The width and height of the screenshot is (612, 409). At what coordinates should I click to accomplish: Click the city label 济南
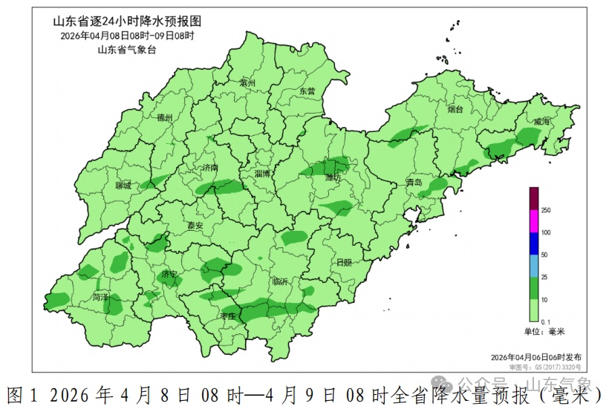(x=210, y=168)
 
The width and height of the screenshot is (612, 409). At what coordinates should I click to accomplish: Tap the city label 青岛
(x=414, y=182)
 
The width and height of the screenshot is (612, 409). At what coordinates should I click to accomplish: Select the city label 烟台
(x=455, y=110)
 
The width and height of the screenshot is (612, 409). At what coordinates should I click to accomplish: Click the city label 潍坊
(x=333, y=178)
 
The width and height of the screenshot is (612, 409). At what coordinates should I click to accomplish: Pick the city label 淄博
(x=263, y=173)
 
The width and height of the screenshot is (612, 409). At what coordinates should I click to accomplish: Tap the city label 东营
(x=307, y=91)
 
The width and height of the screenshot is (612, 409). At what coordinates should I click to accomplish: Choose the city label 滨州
(x=247, y=84)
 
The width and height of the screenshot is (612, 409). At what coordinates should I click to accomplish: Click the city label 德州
(x=165, y=118)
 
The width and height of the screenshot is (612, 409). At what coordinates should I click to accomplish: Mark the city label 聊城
(x=123, y=186)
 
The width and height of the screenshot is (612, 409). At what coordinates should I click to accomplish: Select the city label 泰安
(x=195, y=226)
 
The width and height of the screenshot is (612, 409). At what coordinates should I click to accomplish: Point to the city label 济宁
(x=169, y=274)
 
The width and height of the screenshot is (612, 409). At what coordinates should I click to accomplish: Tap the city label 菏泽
(x=100, y=297)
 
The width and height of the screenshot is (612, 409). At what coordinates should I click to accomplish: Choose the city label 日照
(x=344, y=262)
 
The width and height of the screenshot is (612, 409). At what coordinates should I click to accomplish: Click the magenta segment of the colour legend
(x=533, y=221)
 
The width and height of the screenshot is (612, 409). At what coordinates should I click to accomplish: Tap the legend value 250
(x=546, y=211)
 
